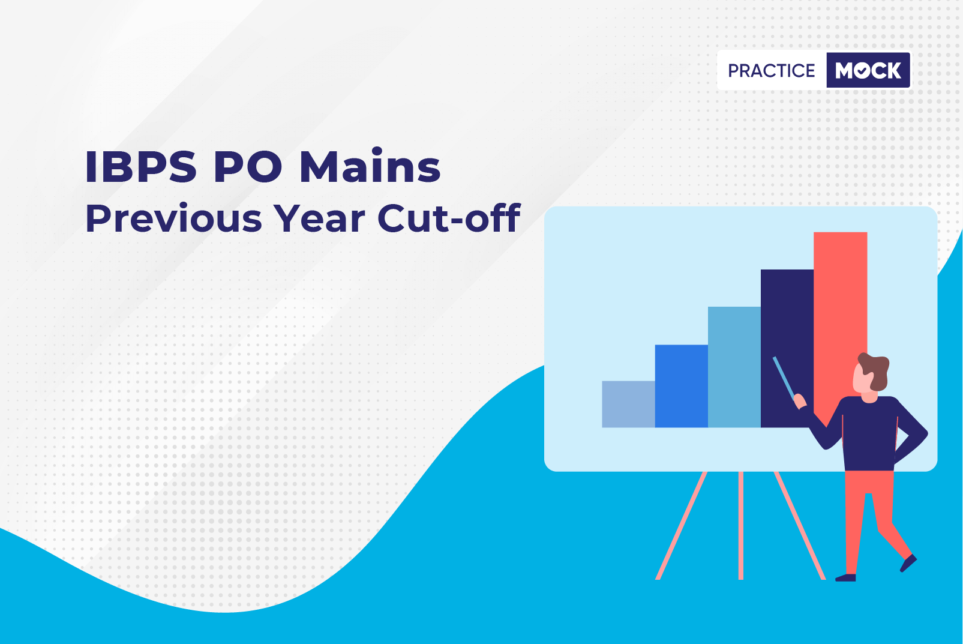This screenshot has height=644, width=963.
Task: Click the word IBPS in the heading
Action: click(140, 167)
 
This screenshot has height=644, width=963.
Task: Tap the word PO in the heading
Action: click(248, 167)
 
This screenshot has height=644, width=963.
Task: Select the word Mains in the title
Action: click(370, 166)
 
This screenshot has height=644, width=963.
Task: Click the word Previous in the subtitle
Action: click(173, 219)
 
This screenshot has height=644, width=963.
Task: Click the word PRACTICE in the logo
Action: click(771, 71)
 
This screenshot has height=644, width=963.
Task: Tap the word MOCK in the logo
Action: click(868, 70)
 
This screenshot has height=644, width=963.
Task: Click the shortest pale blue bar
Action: click(628, 404)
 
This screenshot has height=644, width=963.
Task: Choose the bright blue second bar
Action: click(681, 386)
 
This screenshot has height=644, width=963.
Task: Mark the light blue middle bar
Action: click(734, 367)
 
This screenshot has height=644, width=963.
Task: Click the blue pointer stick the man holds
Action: click(784, 378)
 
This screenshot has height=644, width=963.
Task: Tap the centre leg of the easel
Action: click(741, 525)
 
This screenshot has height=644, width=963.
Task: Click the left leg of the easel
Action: click(681, 525)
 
